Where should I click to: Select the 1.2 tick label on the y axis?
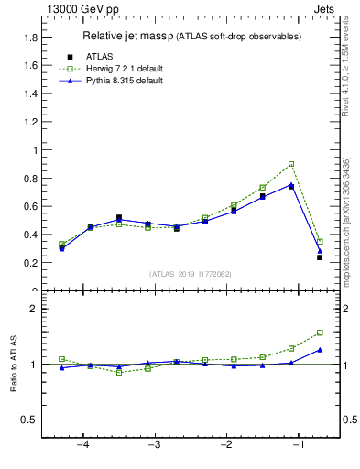click(x=30, y=122)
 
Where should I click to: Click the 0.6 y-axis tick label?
click(x=30, y=206)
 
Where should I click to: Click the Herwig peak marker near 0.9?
click(x=291, y=164)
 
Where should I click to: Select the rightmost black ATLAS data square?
click(x=320, y=257)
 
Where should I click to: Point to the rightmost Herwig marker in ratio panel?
click(x=320, y=333)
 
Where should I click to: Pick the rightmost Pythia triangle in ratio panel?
click(x=320, y=349)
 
